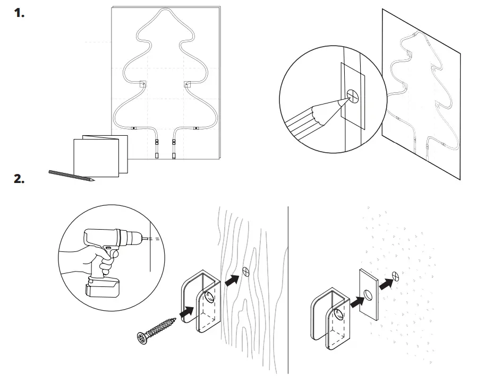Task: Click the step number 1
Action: [x=19, y=13]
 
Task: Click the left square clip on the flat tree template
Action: [x=143, y=84]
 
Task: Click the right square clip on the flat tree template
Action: [x=188, y=84]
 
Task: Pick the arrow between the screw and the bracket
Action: [x=186, y=314]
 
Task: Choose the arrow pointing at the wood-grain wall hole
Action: [x=232, y=280]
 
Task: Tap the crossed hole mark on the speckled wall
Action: [x=396, y=275]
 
